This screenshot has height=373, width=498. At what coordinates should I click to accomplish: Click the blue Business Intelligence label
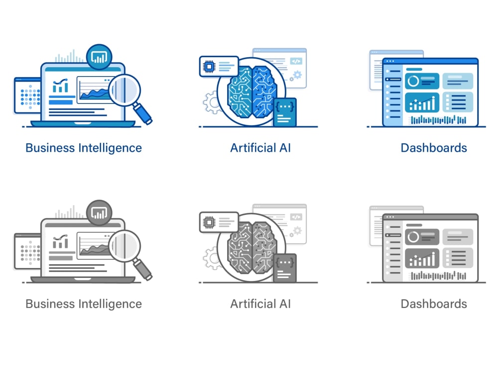[84, 148]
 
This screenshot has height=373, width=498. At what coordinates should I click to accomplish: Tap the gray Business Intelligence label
[84, 304]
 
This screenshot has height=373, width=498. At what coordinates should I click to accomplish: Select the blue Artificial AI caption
[260, 148]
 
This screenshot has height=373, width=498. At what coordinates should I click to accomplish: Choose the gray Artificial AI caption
[260, 304]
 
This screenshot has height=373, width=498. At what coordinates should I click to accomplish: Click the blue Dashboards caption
[434, 148]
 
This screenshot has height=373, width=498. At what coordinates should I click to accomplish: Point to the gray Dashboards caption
[434, 304]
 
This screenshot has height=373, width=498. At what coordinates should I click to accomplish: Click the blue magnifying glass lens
[124, 90]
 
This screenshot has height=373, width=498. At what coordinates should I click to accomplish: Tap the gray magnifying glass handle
[142, 269]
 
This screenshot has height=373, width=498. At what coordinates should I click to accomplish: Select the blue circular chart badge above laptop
[99, 57]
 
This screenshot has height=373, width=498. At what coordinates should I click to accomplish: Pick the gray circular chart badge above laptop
[99, 213]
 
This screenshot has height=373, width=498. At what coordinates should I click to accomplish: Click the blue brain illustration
[252, 92]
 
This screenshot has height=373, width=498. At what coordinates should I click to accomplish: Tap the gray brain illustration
[252, 248]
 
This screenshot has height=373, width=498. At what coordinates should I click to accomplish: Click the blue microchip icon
[209, 67]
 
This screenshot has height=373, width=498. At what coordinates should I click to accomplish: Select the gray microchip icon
[209, 222]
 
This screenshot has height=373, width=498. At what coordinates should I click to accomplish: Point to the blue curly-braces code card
[285, 112]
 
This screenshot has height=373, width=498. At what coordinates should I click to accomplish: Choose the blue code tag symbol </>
[296, 61]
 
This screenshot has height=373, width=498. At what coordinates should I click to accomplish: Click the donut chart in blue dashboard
[413, 81]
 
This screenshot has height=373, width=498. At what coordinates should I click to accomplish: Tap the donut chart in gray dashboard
[413, 237]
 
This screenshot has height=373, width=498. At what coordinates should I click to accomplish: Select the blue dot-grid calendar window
[27, 95]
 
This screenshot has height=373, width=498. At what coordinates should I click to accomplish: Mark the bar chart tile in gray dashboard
[422, 258]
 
